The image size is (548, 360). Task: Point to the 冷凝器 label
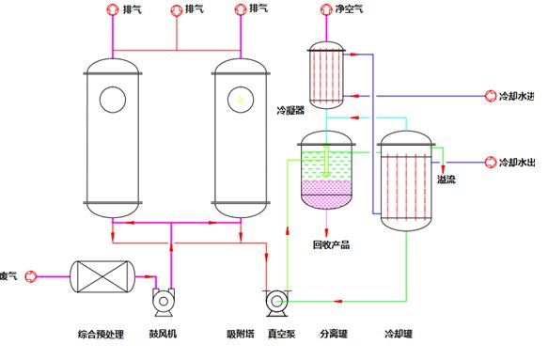(x=291, y=110)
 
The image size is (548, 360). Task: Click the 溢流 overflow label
(x=446, y=180)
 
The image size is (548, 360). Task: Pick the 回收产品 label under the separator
(x=330, y=245)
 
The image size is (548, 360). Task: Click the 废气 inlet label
(x=8, y=275)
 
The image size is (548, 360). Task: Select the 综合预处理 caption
(x=100, y=334)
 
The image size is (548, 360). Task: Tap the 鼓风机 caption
(x=163, y=334)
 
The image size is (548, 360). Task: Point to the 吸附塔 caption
(x=241, y=334)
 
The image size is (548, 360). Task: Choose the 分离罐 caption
(x=334, y=334)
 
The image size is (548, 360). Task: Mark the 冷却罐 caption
(x=399, y=334)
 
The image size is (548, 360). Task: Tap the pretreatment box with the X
(x=102, y=275)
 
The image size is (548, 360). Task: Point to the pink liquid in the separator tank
(x=326, y=194)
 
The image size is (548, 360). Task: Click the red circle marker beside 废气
(x=30, y=275)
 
